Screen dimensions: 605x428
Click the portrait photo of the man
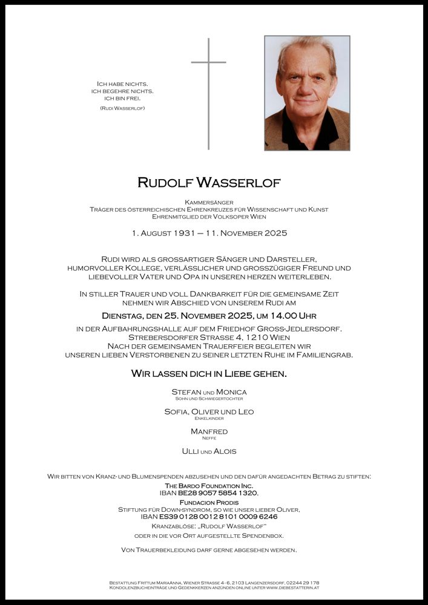(x=307, y=93)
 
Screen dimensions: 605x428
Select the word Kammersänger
(x=209, y=202)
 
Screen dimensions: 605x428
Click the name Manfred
(x=209, y=431)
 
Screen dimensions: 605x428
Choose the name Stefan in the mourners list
(x=186, y=392)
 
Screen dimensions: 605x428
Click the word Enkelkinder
(x=209, y=418)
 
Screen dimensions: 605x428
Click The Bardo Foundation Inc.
(x=209, y=486)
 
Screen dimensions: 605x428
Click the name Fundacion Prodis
(x=209, y=502)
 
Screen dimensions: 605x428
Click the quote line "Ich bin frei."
(x=122, y=98)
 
